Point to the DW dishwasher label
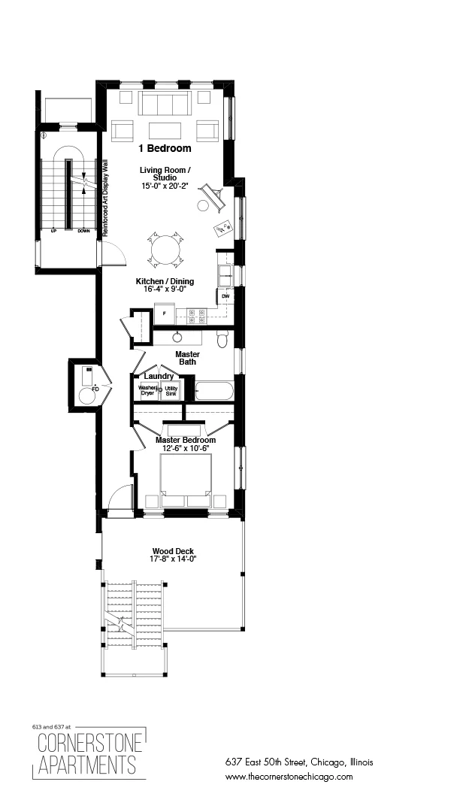pos(225,297)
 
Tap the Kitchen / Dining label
pos(165,281)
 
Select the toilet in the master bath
pos(222,341)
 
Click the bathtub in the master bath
pos(214,391)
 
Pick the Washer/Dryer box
pos(147,391)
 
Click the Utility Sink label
pos(171,391)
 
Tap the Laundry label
pos(159,376)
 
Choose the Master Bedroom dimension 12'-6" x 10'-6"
pos(186,449)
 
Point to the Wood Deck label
pos(174,551)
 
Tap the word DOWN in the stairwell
pos(83,231)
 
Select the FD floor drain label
pos(95,390)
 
